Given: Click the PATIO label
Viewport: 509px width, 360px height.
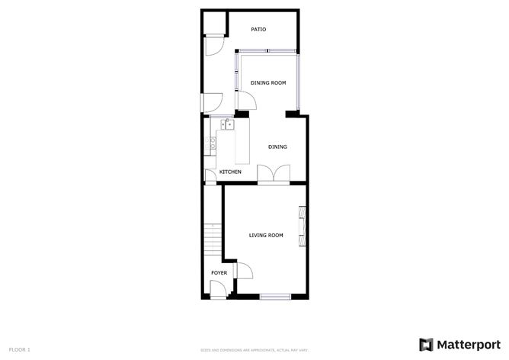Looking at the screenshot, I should click(x=258, y=30).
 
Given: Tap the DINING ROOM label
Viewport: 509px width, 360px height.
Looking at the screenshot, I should click(x=268, y=82).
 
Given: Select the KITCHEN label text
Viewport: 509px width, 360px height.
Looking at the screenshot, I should click(x=230, y=172).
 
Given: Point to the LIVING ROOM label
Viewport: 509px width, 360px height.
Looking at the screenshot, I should click(x=266, y=235).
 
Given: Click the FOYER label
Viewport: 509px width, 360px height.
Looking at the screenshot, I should click(x=219, y=272).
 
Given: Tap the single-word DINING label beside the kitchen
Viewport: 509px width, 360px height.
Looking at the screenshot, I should click(x=277, y=146).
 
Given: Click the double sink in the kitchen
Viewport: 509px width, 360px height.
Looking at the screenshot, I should click(x=227, y=124).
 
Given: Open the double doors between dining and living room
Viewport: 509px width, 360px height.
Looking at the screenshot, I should click(x=271, y=175).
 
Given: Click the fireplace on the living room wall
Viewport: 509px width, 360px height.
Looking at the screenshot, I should click(x=303, y=227).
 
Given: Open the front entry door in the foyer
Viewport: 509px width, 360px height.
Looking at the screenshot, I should click(x=219, y=288).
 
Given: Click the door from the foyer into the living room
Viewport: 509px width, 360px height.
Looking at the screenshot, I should click(x=245, y=271).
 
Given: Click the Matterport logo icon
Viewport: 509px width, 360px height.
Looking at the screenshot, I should click(x=425, y=344).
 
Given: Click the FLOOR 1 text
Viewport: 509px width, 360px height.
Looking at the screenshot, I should click(x=20, y=349).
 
